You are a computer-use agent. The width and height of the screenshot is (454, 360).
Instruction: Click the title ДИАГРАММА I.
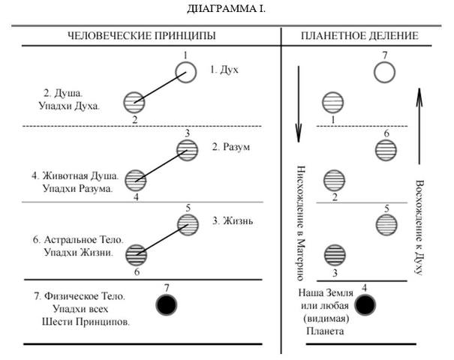[226, 9]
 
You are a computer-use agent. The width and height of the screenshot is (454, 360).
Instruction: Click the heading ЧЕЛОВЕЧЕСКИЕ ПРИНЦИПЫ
[142, 35]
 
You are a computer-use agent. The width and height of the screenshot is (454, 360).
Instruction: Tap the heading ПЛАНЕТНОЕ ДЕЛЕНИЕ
[359, 35]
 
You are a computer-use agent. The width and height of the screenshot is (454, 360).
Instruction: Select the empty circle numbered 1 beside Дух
[186, 62]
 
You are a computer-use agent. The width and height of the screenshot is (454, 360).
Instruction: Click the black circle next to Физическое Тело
[166, 305]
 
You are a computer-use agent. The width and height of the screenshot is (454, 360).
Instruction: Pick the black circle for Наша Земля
[365, 305]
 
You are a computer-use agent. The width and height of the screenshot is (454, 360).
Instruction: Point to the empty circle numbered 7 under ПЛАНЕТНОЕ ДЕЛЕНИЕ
[384, 62]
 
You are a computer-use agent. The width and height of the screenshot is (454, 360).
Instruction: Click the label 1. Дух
[224, 70]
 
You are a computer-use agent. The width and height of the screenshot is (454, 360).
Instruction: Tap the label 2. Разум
[231, 147]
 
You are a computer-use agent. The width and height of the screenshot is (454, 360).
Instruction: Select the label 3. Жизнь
[233, 221]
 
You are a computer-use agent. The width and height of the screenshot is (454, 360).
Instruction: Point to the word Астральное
[71, 240]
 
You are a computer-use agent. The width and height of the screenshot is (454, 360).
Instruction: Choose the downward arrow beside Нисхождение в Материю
[299, 104]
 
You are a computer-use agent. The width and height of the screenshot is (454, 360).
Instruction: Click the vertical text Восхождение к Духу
[419, 227]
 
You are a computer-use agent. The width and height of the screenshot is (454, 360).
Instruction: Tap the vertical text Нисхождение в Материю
[300, 223]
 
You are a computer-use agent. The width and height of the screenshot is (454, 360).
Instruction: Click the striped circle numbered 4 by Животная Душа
[136, 181]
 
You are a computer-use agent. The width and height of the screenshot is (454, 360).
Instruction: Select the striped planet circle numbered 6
[386, 150]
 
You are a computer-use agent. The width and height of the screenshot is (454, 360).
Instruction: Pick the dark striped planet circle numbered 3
[335, 255]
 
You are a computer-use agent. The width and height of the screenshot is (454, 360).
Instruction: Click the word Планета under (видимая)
[325, 331]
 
